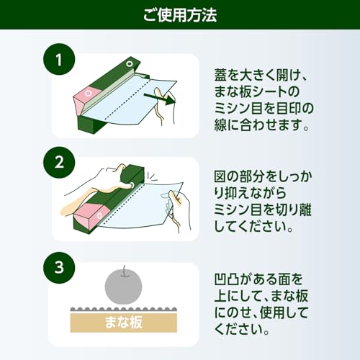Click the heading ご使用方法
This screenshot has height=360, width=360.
(x=180, y=15)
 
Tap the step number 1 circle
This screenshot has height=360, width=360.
(x=59, y=59)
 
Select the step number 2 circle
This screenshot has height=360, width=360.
(x=59, y=163)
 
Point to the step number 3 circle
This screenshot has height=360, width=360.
(x=59, y=267)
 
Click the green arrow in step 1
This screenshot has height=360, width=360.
(x=159, y=99)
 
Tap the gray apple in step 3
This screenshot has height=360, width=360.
(x=124, y=287)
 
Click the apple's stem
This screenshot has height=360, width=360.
(x=124, y=271)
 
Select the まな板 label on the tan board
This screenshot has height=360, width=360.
(x=124, y=322)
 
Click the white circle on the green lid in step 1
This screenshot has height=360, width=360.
(x=130, y=63)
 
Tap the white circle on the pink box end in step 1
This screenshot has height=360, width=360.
(x=89, y=93)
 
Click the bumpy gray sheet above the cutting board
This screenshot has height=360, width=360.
(x=124, y=310)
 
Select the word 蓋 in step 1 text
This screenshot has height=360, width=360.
(x=221, y=75)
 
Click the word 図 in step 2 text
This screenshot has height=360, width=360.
(x=220, y=176)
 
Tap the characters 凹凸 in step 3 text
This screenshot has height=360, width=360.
(x=227, y=279)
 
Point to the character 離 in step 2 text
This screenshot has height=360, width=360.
(x=305, y=210)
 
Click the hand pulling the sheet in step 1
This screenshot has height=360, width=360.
(x=163, y=106)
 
